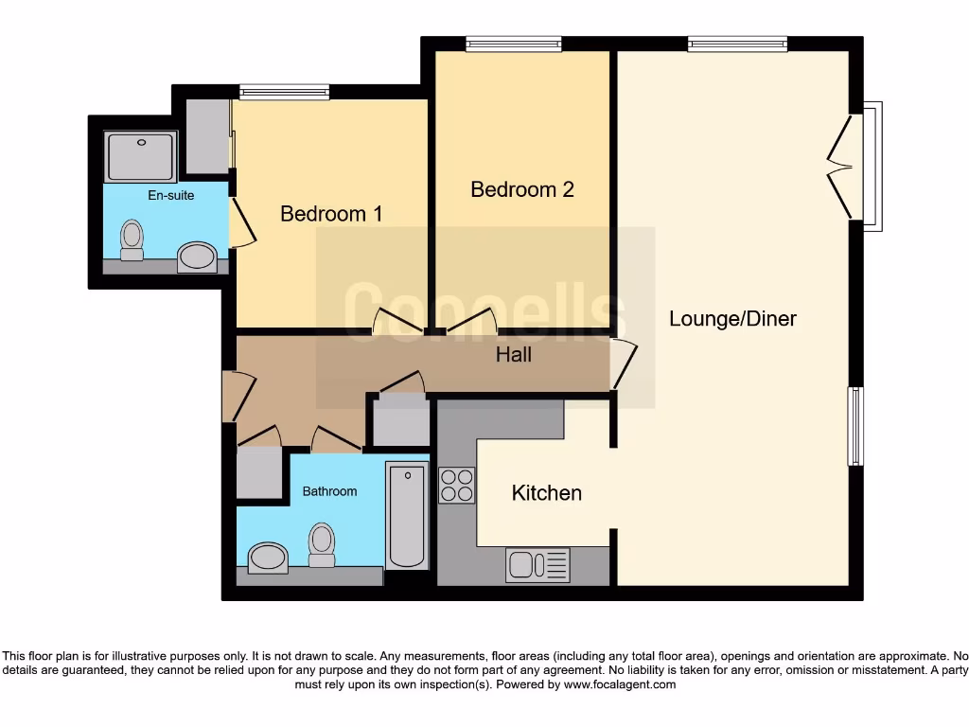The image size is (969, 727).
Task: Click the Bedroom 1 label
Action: (331, 214)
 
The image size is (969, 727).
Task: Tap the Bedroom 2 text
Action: (522, 189)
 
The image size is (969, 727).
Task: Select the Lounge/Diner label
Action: (732, 319)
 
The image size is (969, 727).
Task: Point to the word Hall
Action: (514, 355)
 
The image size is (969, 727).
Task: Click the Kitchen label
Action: (546, 493)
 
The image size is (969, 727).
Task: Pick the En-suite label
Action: (171, 196)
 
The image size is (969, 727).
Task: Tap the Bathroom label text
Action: (329, 491)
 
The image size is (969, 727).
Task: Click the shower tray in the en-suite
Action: (140, 156)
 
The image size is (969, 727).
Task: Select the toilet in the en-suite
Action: (132, 239)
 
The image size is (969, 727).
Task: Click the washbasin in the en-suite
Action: (198, 257)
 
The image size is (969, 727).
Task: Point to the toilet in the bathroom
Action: (322, 545)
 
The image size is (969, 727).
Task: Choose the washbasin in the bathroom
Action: (268, 558)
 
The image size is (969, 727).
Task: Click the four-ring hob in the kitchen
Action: (457, 485)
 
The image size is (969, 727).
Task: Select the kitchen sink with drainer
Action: (538, 565)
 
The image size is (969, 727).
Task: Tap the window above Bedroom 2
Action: (514, 44)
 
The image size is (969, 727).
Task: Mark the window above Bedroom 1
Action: (284, 92)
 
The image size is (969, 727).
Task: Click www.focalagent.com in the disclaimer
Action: (619, 684)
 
